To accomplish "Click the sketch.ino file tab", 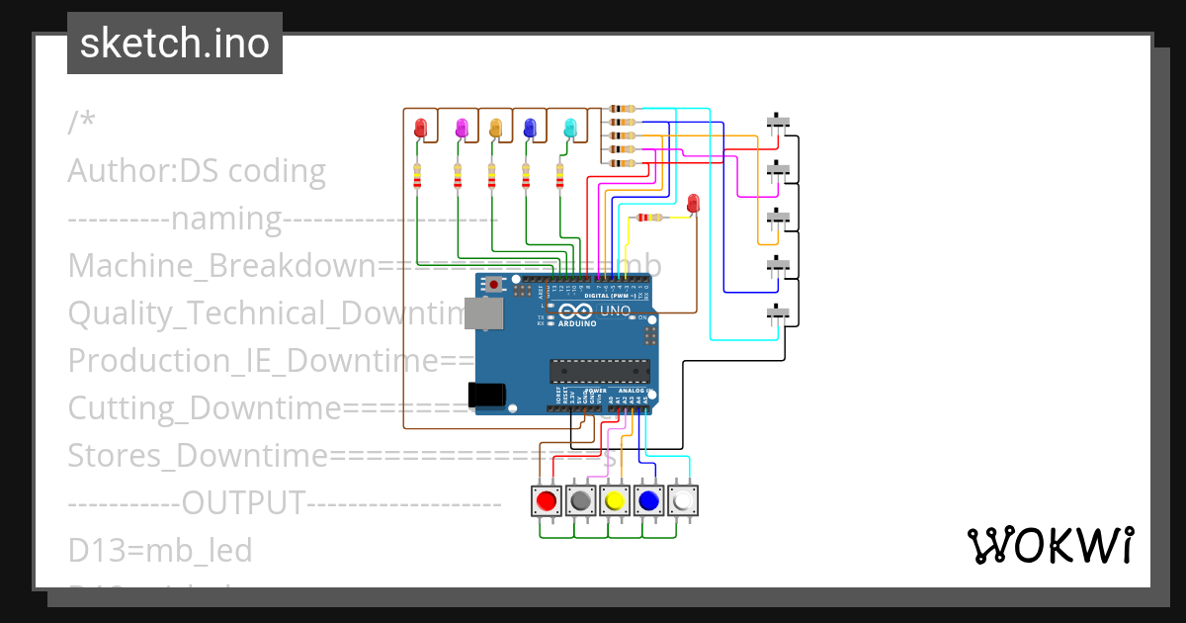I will (x=175, y=44).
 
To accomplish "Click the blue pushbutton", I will (x=648, y=501).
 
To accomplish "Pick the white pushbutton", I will (x=683, y=501).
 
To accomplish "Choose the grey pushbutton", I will (x=580, y=501).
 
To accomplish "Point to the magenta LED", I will (x=461, y=128).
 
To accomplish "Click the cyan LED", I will (x=569, y=128).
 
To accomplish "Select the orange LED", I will (x=496, y=128).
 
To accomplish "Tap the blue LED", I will (x=530, y=128).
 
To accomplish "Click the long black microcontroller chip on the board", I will (x=600, y=371).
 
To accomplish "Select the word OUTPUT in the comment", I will (x=242, y=502).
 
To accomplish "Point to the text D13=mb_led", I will (x=160, y=550).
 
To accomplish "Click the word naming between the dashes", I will (x=227, y=219).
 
